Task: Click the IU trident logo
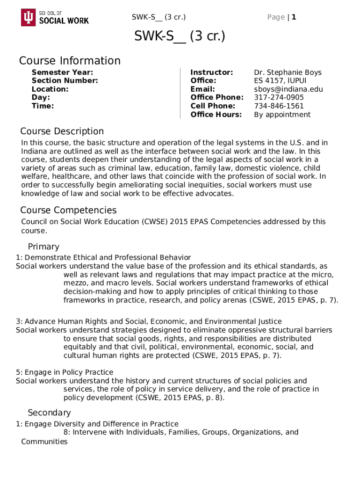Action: tap(28, 17)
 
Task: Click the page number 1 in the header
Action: tap(294, 17)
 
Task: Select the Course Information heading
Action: tap(70, 61)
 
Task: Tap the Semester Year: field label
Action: tap(62, 72)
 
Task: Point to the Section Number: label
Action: tap(65, 80)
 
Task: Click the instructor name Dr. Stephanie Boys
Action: tap(288, 72)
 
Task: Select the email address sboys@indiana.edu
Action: tap(288, 89)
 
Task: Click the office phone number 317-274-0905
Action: tap(279, 97)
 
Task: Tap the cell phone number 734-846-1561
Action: tap(279, 106)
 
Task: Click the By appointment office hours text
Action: tap(282, 115)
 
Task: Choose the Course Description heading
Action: tap(62, 131)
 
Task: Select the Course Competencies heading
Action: tap(68, 210)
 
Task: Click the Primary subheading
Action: tap(43, 247)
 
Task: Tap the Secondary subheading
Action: tap(49, 413)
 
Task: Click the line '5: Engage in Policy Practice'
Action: tap(65, 372)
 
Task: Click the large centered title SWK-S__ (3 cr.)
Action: tap(180, 36)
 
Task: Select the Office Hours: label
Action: tap(216, 115)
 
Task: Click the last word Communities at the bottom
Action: tap(44, 441)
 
